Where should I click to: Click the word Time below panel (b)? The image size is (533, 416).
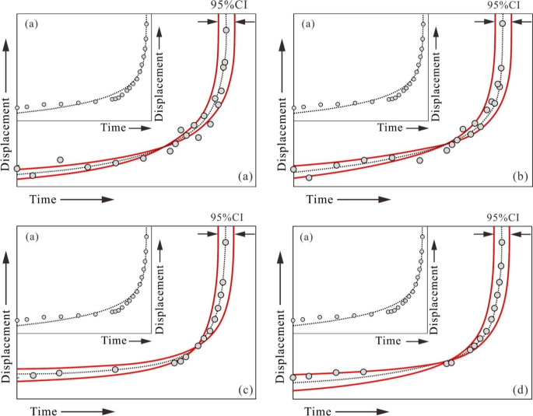(x=319, y=200)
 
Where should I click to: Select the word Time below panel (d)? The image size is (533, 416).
(x=319, y=409)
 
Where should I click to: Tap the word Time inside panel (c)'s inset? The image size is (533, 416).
(x=113, y=341)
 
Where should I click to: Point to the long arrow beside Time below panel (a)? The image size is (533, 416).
(x=86, y=200)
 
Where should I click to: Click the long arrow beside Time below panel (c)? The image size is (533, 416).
(x=86, y=409)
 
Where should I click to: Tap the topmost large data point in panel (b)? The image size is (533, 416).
(x=503, y=23)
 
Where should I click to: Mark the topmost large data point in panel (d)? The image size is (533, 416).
(x=502, y=243)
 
